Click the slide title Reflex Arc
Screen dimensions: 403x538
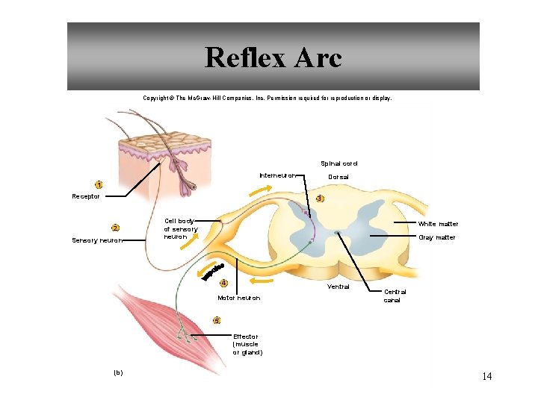(x=273, y=57)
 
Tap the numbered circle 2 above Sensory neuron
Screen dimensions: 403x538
(x=115, y=228)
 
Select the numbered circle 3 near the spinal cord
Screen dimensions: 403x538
(x=320, y=199)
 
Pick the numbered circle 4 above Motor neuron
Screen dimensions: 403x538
(x=223, y=283)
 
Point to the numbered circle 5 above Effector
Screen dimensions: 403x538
(x=217, y=320)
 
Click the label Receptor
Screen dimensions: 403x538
(x=85, y=196)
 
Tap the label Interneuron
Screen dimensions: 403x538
(x=277, y=175)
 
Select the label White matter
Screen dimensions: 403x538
(x=438, y=224)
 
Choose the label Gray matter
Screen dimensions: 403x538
(x=436, y=237)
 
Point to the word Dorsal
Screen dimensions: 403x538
(x=338, y=177)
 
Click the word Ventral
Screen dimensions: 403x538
(x=338, y=287)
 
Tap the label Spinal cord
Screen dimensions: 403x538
(x=339, y=163)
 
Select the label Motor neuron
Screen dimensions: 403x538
(x=238, y=298)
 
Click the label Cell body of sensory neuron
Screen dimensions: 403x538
(x=180, y=228)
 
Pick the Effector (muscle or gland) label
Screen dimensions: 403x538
(x=248, y=344)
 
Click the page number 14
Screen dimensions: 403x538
(x=486, y=376)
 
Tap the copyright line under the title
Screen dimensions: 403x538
(x=267, y=98)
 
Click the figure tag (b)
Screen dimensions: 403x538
(x=118, y=372)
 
